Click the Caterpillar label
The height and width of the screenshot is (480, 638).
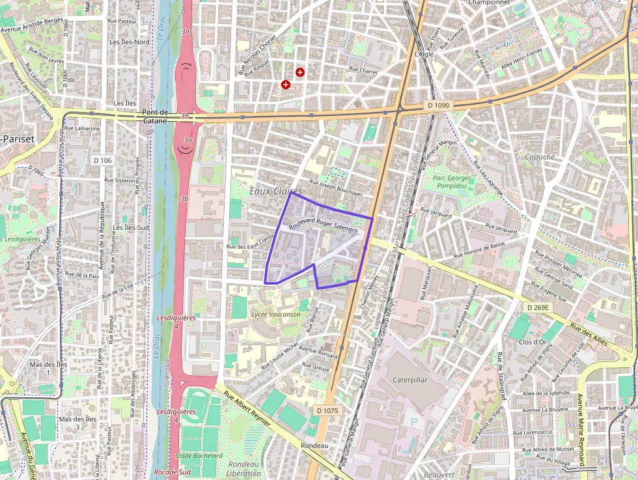click(410, 379)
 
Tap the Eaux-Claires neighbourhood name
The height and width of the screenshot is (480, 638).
click(276, 191)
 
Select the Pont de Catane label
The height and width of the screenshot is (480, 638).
click(156, 116)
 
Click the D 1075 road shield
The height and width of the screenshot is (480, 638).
click(327, 410)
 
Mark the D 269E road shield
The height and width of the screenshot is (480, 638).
click(538, 307)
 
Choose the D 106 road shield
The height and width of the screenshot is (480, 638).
click(103, 160)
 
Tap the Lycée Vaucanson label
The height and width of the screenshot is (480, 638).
click(276, 314)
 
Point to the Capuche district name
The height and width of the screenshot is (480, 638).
click(540, 157)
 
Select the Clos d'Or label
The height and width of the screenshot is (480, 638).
click(533, 342)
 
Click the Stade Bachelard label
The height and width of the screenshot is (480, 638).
click(199, 456)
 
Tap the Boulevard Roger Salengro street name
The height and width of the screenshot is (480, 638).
click(324, 227)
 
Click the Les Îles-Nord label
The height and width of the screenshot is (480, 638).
click(130, 42)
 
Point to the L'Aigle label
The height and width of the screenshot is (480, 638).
click(424, 54)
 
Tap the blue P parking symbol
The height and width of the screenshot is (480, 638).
click(414, 422)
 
